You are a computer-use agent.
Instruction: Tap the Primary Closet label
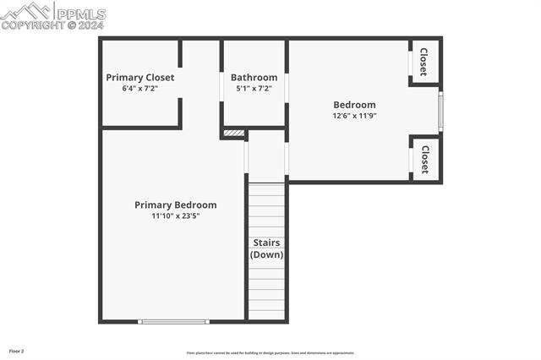point(140,78)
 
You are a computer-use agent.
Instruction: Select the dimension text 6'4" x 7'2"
point(140,88)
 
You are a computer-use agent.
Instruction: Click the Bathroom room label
point(254,78)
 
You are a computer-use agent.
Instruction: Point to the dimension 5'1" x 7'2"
point(254,88)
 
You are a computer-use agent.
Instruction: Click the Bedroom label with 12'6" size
point(354,105)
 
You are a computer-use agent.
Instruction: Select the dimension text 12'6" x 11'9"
point(354,116)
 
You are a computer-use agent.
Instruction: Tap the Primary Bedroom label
point(176,205)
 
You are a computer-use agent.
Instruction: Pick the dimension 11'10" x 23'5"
point(176,215)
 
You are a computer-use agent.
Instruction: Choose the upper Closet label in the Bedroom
point(424,62)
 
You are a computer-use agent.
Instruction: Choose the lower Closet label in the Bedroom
point(424,159)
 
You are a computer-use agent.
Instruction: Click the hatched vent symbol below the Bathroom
point(234,133)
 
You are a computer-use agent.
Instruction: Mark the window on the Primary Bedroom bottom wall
point(173,321)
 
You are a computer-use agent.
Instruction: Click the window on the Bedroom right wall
point(440,112)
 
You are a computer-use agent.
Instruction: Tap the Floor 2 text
point(17,351)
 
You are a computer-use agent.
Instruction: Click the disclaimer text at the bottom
point(270,353)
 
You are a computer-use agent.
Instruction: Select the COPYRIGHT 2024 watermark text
point(52,25)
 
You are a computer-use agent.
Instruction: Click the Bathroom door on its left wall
point(222,87)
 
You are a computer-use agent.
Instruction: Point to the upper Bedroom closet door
point(411,63)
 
